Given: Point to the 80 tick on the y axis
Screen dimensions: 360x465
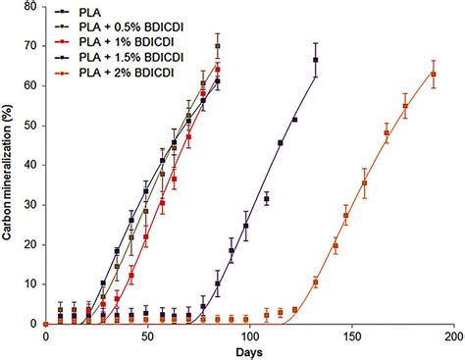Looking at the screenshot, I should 32,7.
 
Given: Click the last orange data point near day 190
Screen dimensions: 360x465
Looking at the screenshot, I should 433,74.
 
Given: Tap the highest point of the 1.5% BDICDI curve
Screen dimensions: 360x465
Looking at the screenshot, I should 316,60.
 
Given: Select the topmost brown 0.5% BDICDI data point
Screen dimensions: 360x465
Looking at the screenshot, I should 217,46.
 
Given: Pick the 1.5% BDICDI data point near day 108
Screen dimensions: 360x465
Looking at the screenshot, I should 266,198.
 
